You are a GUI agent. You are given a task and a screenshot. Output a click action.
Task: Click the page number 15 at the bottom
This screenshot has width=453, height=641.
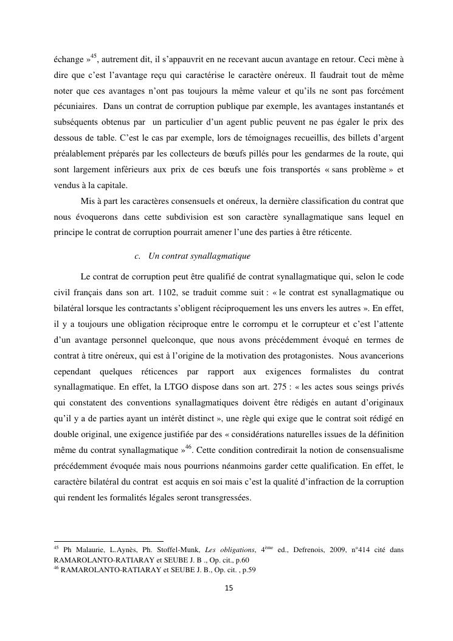click(229, 588)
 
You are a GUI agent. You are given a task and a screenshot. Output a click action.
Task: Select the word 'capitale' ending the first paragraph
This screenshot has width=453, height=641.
click(111, 186)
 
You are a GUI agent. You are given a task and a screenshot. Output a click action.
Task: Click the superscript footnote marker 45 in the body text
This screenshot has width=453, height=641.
click(93, 57)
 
